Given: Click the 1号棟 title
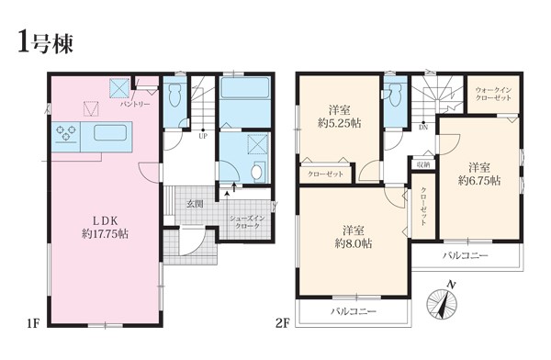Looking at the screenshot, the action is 45,41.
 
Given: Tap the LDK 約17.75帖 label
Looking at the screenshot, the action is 105,228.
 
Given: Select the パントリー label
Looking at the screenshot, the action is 135,105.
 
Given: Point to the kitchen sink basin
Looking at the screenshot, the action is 110,132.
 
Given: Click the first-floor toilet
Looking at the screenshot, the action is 174,95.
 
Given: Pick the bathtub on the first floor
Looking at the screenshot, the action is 245,88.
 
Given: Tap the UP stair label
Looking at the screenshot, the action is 203,137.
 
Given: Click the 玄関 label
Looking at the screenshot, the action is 195,204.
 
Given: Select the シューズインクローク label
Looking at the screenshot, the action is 247,222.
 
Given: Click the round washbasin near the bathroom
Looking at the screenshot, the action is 257,173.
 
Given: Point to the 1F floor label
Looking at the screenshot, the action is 33,322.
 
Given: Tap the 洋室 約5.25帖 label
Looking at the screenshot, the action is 340,117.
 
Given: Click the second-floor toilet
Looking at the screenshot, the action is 396,94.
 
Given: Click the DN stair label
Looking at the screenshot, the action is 423,128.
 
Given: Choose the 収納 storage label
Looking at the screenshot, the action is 422,164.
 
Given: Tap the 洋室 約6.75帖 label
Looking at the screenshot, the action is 479,174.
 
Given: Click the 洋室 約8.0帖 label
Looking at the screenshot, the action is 354,237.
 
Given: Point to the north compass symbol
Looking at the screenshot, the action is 443,302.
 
